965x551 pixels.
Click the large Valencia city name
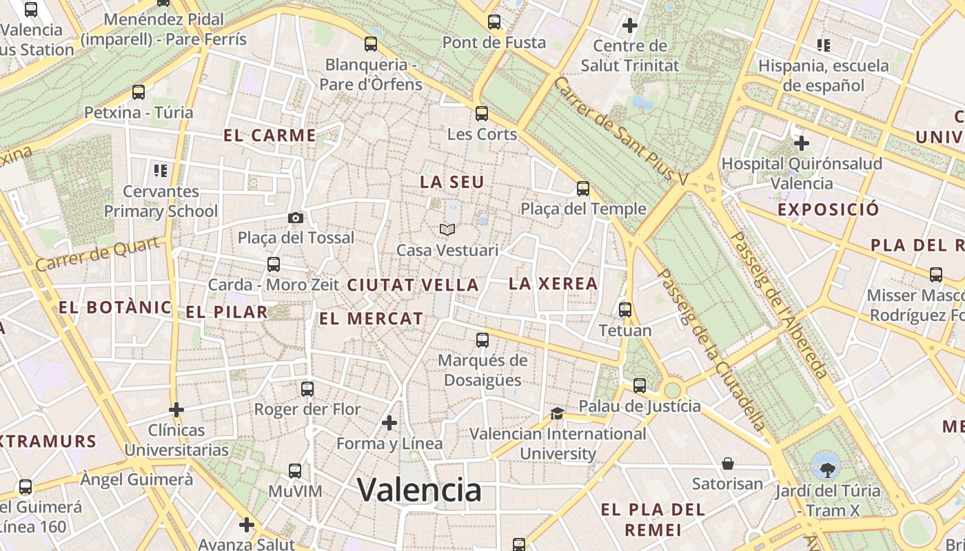(419, 490)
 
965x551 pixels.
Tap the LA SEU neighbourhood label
(452, 183)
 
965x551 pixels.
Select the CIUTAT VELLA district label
(412, 284)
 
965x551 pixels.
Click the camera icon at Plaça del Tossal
(296, 218)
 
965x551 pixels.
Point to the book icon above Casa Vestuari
(447, 229)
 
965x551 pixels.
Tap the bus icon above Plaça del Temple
(583, 189)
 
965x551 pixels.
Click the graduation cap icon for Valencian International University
(557, 413)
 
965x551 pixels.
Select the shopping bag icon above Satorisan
(727, 464)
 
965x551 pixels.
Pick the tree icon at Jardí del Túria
(826, 470)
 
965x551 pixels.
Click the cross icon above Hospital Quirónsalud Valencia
(801, 143)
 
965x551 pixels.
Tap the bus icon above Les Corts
(482, 114)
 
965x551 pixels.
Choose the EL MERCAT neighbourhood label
(371, 319)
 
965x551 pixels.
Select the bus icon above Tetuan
(625, 310)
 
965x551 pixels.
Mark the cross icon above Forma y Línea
(389, 422)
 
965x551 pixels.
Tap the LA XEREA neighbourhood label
(553, 283)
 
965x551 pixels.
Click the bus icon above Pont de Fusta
(494, 22)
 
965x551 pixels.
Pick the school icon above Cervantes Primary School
(161, 170)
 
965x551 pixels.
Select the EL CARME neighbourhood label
(270, 136)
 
